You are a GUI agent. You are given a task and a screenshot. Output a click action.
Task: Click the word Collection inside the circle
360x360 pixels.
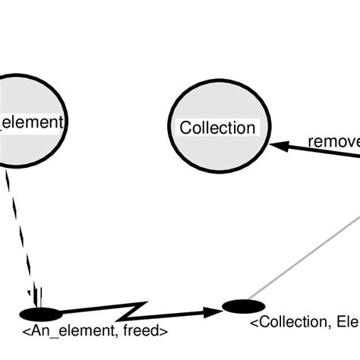(x=217, y=128)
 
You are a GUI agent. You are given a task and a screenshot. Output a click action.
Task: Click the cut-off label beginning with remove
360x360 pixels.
(x=333, y=141)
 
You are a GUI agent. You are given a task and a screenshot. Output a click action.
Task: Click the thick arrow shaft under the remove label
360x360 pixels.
(x=319, y=151)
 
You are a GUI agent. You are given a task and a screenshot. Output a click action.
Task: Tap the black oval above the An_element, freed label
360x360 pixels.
(x=41, y=314)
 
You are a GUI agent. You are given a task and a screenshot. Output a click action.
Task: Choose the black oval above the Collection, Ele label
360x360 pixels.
(x=244, y=306)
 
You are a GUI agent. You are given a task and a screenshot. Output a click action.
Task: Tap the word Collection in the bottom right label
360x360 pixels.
(x=289, y=323)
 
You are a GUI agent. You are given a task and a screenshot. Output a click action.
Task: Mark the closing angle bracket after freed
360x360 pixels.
(x=166, y=332)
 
